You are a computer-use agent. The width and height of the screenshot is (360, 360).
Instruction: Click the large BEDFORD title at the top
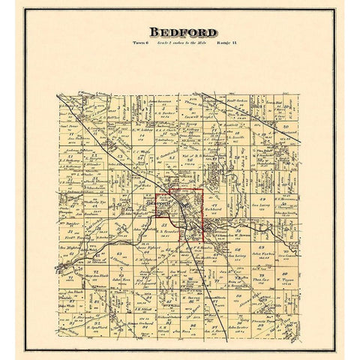[x=179, y=34]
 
